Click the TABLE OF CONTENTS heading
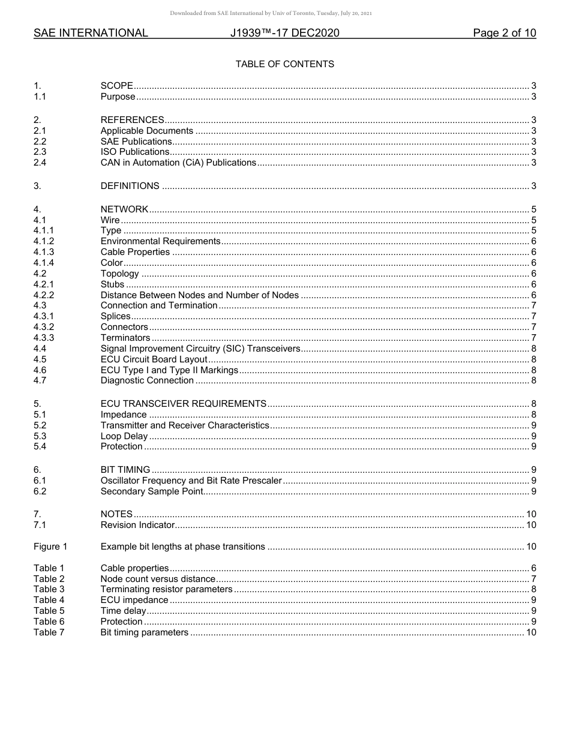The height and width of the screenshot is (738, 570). tap(284, 64)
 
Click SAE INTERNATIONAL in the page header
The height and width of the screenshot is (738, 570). tap(91, 33)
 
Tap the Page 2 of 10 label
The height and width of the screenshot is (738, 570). tap(504, 33)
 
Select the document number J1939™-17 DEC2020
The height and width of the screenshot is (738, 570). tap(284, 33)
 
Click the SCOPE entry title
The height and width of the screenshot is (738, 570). tap(116, 86)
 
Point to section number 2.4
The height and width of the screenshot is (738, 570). tap(40, 163)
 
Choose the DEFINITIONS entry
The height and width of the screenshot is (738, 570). tap(130, 186)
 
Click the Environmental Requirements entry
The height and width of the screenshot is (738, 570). tap(160, 241)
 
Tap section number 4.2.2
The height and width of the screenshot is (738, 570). tap(44, 295)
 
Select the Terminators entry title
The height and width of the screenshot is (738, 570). tap(125, 338)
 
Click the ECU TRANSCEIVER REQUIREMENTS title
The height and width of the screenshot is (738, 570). tap(183, 404)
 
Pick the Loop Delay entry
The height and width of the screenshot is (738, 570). tap(124, 436)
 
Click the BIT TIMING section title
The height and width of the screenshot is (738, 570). tap(125, 470)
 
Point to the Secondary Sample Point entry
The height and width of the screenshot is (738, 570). tap(152, 492)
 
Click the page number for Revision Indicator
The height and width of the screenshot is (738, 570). tap(530, 526)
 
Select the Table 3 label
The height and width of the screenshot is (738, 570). tap(49, 589)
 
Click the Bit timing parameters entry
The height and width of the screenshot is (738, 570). tap(144, 632)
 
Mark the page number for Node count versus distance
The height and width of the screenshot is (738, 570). tap(533, 579)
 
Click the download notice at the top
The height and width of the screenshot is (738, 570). tap(271, 13)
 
